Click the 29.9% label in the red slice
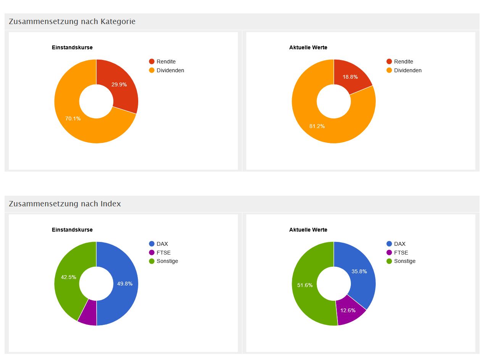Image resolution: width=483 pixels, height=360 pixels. [119, 84]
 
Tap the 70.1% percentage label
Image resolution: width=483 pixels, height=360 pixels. [73, 118]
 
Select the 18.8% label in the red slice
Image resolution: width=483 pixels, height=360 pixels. [350, 77]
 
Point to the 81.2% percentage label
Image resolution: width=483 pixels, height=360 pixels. [317, 126]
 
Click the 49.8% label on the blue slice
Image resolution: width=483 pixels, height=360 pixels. [125, 284]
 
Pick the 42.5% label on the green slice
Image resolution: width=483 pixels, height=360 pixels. [68, 277]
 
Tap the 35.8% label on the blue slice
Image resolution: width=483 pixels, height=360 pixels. [359, 271]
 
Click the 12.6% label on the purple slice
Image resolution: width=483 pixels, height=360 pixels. [348, 310]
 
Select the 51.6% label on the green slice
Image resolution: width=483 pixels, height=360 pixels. [305, 285]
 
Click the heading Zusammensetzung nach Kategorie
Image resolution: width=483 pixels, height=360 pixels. [72, 21]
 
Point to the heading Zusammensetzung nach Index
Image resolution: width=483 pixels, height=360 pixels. [65, 204]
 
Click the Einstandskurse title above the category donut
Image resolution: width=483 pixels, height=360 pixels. [72, 47]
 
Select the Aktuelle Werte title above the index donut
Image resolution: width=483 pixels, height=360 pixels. [308, 230]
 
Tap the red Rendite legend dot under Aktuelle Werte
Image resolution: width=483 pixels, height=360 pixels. [389, 62]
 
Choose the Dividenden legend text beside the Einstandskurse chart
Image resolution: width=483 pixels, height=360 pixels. [170, 70]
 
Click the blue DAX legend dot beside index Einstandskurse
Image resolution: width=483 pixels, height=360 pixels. [152, 244]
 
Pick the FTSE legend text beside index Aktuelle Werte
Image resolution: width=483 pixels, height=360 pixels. [401, 253]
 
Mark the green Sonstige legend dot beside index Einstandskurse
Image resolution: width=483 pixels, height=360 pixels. [152, 261]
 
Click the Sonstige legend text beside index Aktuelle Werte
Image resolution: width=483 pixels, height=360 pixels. [405, 261]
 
